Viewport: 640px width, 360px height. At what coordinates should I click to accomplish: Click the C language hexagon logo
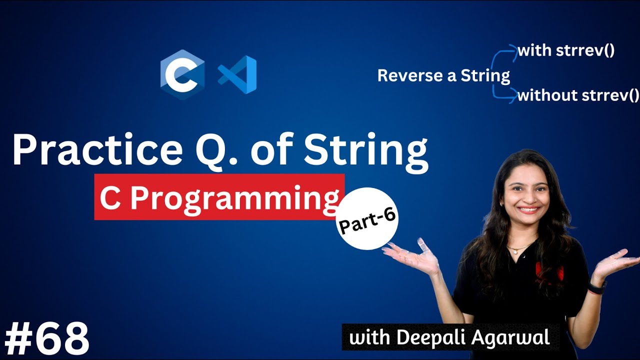(182, 74)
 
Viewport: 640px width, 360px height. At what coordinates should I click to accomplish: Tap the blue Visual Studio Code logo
(238, 74)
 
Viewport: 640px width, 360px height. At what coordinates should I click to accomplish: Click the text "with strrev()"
(565, 50)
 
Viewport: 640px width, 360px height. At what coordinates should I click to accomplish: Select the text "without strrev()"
(578, 95)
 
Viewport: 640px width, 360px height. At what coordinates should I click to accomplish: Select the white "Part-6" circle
(368, 218)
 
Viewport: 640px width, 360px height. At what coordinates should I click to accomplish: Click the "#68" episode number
(46, 338)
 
